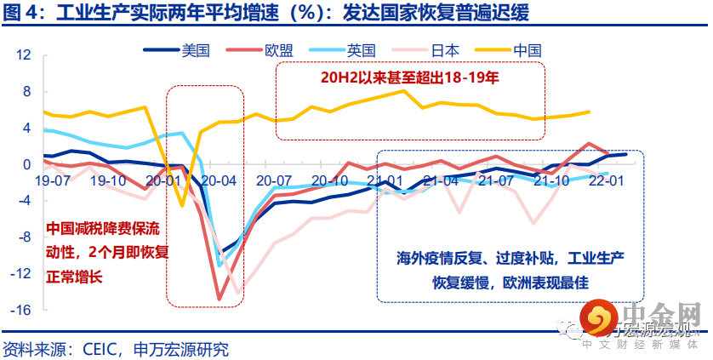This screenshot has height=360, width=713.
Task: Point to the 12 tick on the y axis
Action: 24,55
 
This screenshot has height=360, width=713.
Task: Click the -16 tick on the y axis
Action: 21,310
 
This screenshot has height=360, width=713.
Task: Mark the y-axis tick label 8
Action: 26,92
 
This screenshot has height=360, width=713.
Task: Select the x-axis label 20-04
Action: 218,181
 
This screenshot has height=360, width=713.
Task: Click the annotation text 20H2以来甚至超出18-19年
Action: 408,79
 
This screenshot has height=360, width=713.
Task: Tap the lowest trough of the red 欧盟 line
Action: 220,299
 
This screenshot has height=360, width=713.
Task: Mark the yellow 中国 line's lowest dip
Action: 181,205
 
